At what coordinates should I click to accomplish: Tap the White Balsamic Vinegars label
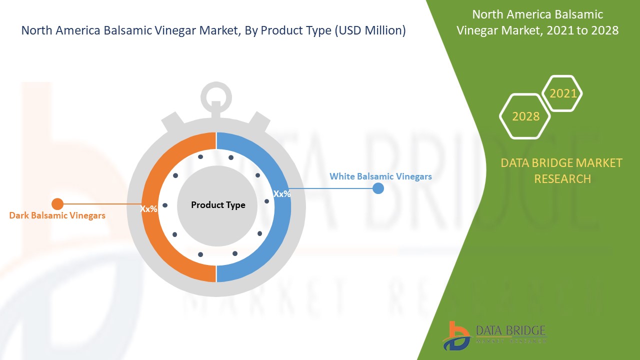coord(380,176)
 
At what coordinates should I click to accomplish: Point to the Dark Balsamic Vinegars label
coord(57,215)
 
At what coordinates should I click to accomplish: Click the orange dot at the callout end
coord(57,203)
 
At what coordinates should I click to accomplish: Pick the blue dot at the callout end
coord(378,188)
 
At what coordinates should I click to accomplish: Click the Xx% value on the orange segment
coord(149,209)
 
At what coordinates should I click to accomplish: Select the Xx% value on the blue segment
coord(282,193)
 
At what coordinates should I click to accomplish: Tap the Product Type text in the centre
coord(218,205)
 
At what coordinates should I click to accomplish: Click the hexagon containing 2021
coord(562,93)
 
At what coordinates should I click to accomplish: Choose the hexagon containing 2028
coord(525,116)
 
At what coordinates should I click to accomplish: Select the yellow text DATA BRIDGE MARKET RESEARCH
coord(562,170)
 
